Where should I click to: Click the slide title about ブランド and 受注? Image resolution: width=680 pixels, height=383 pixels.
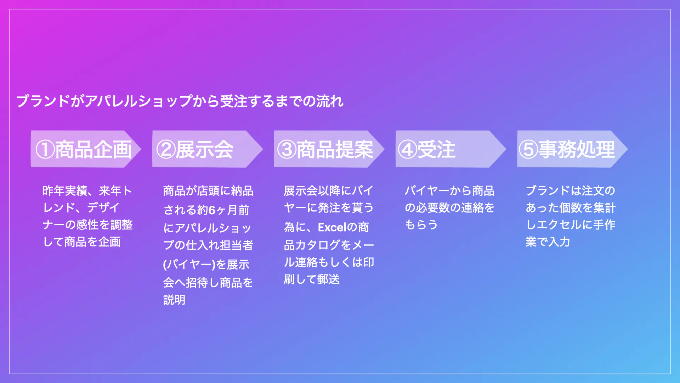click(180, 101)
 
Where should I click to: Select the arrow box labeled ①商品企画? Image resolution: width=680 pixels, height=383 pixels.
click(86, 149)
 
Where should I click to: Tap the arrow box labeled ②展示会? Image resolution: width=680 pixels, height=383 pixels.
click(208, 149)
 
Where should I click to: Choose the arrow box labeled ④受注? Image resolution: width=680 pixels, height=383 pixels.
click(451, 149)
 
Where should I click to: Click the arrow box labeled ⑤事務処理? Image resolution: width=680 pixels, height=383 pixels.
click(572, 149)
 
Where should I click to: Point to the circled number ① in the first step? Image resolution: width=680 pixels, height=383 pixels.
click(45, 149)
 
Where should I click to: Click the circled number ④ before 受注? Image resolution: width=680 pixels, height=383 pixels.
click(407, 149)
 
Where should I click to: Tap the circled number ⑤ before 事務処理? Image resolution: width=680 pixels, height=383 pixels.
click(528, 149)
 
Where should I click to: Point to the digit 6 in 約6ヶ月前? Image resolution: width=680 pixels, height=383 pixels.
click(212, 210)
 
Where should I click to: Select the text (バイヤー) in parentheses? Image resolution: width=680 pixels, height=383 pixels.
click(189, 265)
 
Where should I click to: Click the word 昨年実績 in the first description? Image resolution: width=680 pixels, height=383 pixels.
click(65, 191)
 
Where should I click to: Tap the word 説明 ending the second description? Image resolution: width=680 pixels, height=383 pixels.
click(174, 300)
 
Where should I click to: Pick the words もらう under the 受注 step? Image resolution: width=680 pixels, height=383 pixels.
click(421, 225)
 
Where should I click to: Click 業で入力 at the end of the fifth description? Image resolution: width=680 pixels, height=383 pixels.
click(548, 242)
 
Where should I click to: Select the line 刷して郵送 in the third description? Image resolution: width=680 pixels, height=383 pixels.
click(312, 279)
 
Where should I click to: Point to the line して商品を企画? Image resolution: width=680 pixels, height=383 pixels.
click(82, 242)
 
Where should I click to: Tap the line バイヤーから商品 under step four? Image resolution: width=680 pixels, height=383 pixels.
click(450, 191)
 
